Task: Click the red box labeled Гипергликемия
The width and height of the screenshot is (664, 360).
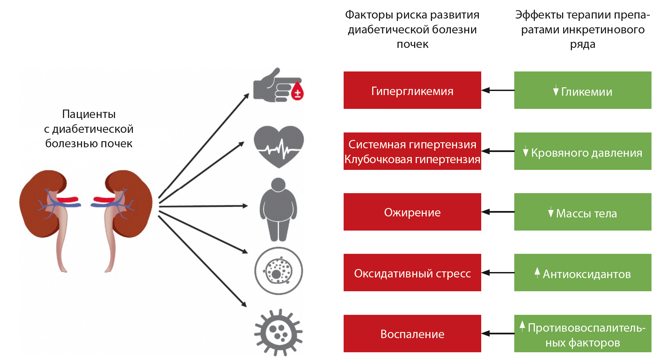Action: click(x=412, y=90)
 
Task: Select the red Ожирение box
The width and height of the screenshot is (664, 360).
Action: click(x=412, y=212)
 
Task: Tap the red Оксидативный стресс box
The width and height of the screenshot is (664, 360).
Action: click(x=412, y=273)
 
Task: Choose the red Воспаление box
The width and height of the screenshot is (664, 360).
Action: click(x=412, y=334)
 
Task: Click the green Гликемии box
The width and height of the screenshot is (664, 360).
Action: click(x=582, y=90)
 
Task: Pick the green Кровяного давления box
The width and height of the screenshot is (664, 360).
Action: click(x=582, y=151)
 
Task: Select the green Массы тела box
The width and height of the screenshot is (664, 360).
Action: click(x=582, y=212)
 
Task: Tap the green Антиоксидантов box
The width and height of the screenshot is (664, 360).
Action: click(x=582, y=273)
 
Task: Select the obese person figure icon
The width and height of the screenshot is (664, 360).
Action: click(x=278, y=209)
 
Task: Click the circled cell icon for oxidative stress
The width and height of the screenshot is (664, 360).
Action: click(x=279, y=271)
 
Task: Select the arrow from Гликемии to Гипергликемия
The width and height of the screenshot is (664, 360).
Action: click(x=498, y=90)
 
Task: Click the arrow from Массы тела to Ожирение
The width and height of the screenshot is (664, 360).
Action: click(x=498, y=212)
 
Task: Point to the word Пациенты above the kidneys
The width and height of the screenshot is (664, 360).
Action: click(x=89, y=114)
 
